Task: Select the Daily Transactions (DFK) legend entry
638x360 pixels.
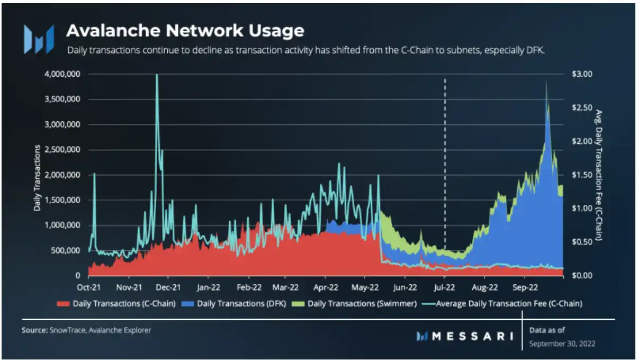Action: pyautogui.click(x=241, y=304)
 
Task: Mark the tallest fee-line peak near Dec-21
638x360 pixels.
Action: pyautogui.click(x=157, y=76)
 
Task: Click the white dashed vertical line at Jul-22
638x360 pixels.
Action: pyautogui.click(x=445, y=159)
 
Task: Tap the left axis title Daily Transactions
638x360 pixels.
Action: pyautogui.click(x=38, y=175)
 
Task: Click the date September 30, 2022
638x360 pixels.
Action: pyautogui.click(x=562, y=344)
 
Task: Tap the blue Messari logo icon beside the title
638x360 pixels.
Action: pyautogui.click(x=38, y=39)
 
